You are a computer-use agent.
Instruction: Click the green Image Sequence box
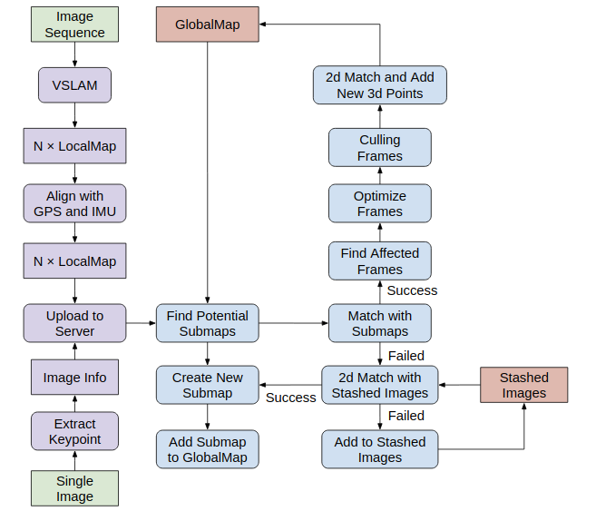pyautogui.click(x=74, y=25)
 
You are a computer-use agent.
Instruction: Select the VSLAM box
pyautogui.click(x=74, y=86)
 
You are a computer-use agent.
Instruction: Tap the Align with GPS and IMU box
pyautogui.click(x=74, y=204)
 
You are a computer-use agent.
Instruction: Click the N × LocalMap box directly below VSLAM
pyautogui.click(x=74, y=145)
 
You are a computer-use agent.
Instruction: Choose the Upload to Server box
pyautogui.click(x=74, y=323)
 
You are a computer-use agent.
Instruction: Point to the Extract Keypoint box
pyautogui.click(x=74, y=431)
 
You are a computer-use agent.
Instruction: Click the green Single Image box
pyautogui.click(x=74, y=488)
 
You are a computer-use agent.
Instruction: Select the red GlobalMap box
pyautogui.click(x=208, y=25)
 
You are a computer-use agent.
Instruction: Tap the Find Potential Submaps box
pyautogui.click(x=208, y=323)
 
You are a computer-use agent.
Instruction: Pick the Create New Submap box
pyautogui.click(x=208, y=385)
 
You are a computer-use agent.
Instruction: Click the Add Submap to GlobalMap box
pyautogui.click(x=208, y=449)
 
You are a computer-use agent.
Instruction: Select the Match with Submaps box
pyautogui.click(x=379, y=323)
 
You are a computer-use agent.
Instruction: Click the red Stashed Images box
pyautogui.click(x=523, y=385)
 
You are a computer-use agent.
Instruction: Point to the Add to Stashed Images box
pyautogui.click(x=379, y=449)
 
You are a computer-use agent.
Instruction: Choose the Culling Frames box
pyautogui.click(x=379, y=147)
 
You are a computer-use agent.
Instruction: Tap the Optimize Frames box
pyautogui.click(x=379, y=203)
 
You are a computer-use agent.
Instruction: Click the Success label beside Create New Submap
pyautogui.click(x=290, y=398)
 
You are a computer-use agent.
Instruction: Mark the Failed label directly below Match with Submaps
pyautogui.click(x=405, y=356)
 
